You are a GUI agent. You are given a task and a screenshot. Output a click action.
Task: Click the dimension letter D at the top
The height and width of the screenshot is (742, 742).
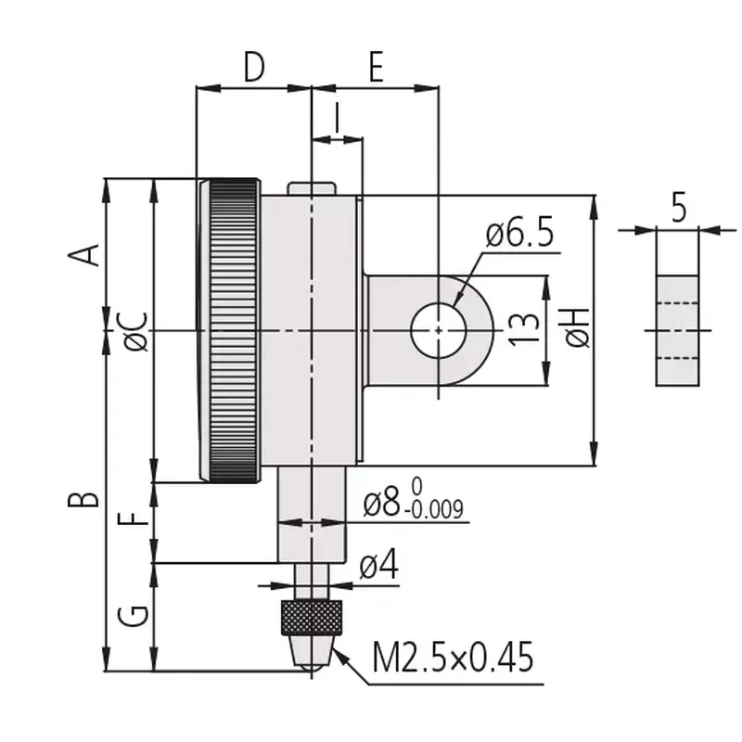tap(254, 67)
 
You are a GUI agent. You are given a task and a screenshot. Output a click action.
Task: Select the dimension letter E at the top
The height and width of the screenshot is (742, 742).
tap(376, 67)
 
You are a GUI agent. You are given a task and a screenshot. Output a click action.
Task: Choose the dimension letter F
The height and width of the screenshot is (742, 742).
tap(134, 518)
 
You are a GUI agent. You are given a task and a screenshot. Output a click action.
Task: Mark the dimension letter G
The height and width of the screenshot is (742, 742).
tap(134, 615)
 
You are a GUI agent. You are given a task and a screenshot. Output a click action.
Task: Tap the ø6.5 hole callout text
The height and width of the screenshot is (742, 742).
tap(519, 235)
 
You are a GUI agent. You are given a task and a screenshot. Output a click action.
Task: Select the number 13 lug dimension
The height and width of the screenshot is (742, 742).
tap(524, 329)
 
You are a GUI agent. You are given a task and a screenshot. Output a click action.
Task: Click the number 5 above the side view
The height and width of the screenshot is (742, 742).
tap(679, 207)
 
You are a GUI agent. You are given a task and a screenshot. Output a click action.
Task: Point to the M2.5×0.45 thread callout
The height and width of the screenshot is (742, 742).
tap(453, 657)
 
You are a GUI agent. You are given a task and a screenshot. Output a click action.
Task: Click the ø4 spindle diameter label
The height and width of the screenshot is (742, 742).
tap(379, 565)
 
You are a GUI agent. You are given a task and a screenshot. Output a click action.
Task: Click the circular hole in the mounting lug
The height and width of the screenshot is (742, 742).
tap(439, 331)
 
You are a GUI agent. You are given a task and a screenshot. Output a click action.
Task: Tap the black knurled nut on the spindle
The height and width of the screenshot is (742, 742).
tap(312, 617)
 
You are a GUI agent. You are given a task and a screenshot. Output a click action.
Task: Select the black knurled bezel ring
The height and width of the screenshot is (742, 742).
tap(235, 331)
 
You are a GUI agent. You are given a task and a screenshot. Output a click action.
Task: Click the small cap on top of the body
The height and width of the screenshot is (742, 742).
tap(312, 188)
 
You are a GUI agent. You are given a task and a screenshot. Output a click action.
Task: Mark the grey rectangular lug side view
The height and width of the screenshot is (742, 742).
tap(677, 331)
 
